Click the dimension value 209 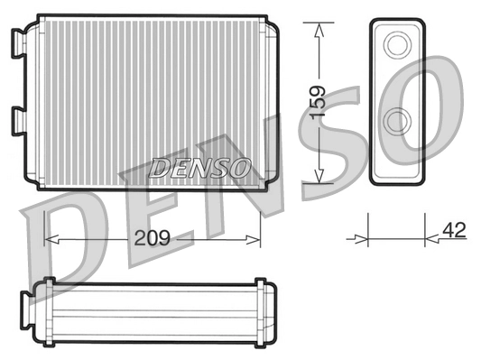point(153,241)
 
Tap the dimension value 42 point(454,230)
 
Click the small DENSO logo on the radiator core point(199,167)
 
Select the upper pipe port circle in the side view point(396,45)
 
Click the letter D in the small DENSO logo point(159,167)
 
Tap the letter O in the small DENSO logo point(240,167)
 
